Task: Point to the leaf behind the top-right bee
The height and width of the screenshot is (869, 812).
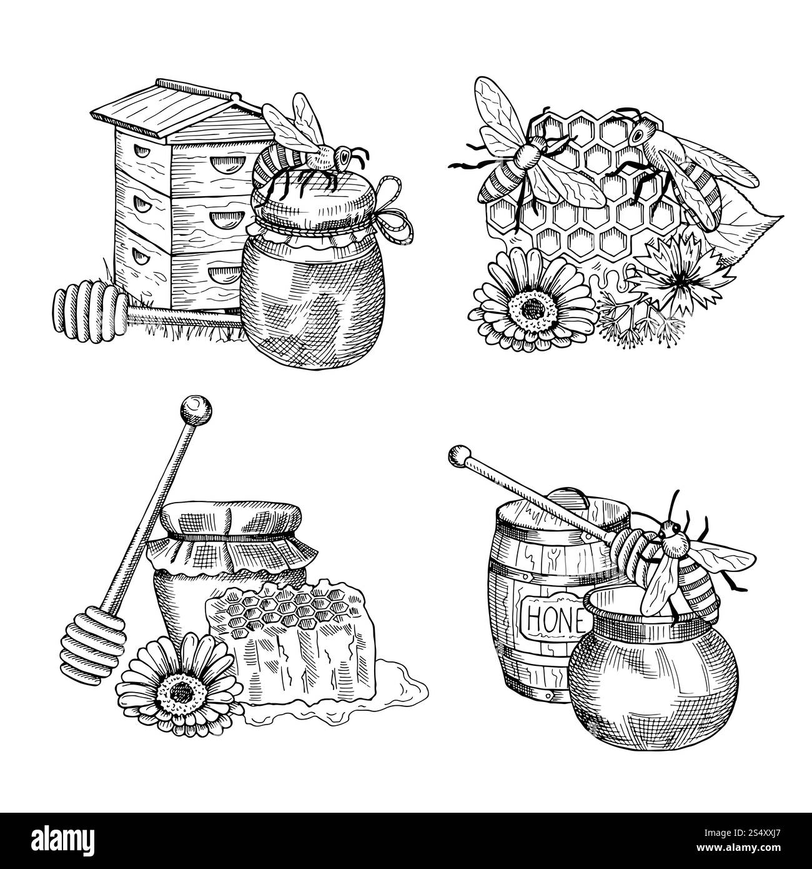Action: pyautogui.click(x=750, y=213)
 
